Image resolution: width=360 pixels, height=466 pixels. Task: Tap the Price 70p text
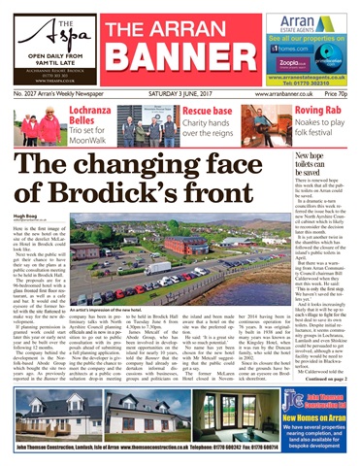point(339,94)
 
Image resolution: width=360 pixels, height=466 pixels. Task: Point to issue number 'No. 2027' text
point(26,94)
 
